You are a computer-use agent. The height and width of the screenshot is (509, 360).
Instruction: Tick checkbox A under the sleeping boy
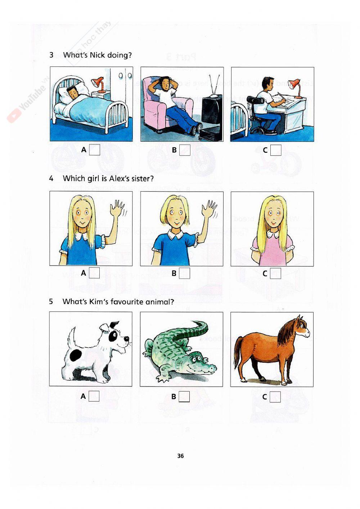coord(94,149)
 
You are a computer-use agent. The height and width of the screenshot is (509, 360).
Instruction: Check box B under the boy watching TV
coord(185,150)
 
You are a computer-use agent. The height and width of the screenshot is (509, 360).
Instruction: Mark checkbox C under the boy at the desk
coord(275,150)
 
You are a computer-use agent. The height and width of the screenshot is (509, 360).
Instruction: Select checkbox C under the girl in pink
coord(275,273)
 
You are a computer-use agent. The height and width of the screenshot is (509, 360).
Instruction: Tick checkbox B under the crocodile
coord(184,397)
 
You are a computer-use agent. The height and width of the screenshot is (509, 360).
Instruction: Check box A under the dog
coord(94,396)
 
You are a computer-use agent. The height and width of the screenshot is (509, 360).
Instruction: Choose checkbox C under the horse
coord(275,397)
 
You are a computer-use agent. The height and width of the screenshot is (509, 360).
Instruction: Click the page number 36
coord(180,456)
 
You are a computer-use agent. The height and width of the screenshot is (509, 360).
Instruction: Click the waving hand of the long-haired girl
coord(117,209)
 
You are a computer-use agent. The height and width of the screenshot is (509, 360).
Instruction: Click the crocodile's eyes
coord(195,358)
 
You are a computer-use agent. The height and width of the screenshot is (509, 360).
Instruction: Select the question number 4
coord(51,178)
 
